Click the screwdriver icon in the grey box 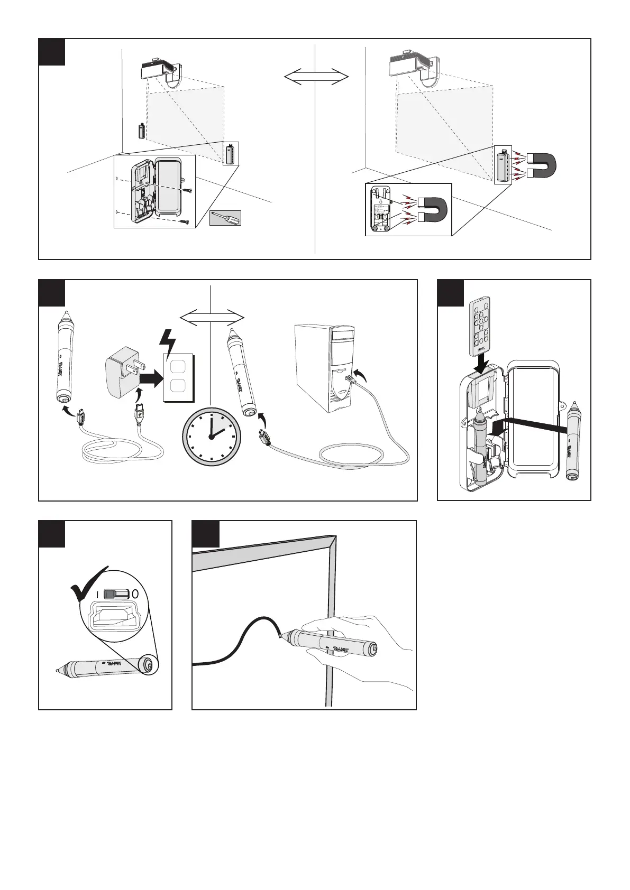point(225,218)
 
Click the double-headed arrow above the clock point(212,318)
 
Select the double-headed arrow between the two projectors point(316,77)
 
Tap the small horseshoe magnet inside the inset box point(432,209)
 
